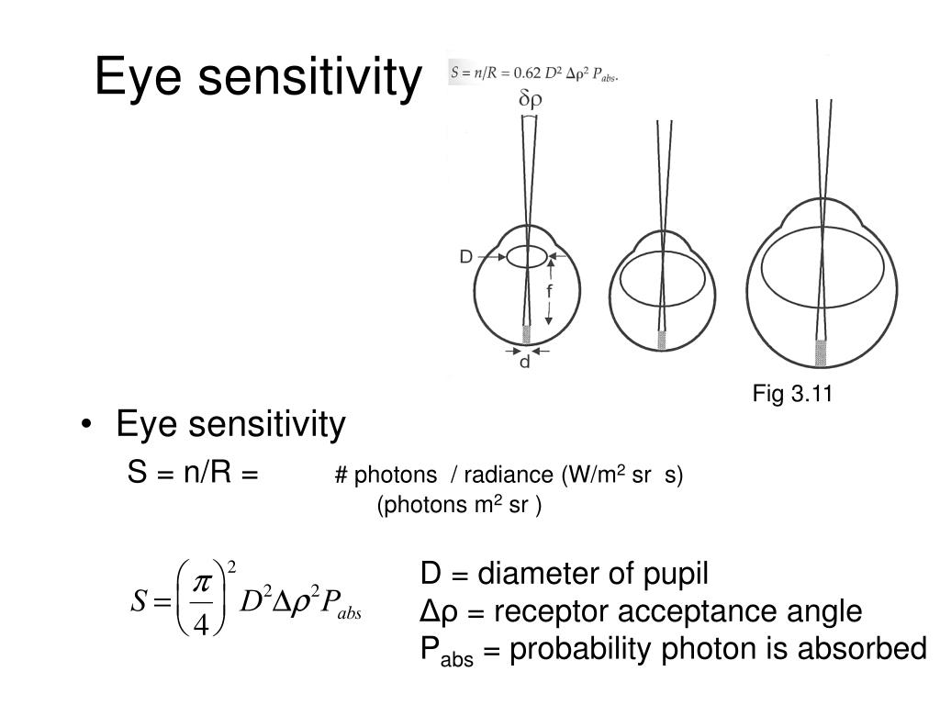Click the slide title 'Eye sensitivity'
pos(256,76)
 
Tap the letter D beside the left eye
pos(466,258)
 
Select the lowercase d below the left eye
pos(525,364)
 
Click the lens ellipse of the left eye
pos(526,256)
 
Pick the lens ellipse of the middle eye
pos(662,279)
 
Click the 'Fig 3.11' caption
pos(791,395)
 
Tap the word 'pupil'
pos(677,575)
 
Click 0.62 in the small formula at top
pos(526,72)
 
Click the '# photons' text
pos(386,475)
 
